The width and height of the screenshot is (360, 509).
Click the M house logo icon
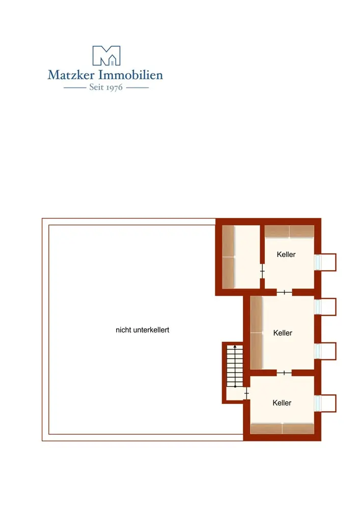point(106,55)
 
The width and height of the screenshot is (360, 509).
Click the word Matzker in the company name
point(71,75)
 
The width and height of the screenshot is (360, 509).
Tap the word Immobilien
point(131,75)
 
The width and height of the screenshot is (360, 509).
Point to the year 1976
point(115,88)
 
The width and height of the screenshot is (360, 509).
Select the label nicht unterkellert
point(143,330)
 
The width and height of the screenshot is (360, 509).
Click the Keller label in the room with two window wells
point(283,333)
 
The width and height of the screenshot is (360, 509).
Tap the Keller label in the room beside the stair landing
point(282,403)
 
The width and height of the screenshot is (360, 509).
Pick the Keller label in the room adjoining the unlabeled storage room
point(286,254)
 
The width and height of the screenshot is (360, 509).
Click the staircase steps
point(235,366)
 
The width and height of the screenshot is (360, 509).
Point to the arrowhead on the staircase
point(235,347)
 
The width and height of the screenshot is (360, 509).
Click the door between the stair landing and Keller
point(246,393)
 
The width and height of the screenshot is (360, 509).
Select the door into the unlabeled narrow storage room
point(262,271)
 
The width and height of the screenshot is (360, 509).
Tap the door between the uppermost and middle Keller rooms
point(284,292)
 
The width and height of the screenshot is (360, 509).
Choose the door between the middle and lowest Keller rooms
point(284,373)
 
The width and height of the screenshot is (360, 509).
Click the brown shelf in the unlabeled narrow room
point(228,257)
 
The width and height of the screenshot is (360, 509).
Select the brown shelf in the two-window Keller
point(256,333)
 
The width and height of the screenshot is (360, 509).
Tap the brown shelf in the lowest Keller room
point(282,428)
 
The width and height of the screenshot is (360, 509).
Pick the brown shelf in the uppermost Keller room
point(289,231)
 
